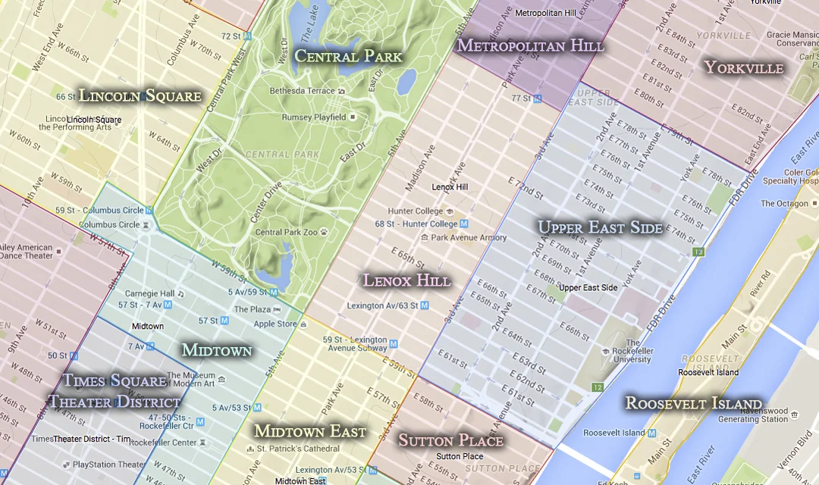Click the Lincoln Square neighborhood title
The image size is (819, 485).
(140, 95)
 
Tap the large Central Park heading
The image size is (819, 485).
(348, 56)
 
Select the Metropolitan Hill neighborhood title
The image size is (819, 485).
(530, 45)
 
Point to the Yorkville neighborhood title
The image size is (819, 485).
(744, 67)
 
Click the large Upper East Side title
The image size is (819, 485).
(600, 227)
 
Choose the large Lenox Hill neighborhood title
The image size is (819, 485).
(406, 280)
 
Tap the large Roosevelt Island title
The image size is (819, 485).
(693, 403)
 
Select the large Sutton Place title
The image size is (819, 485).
(450, 440)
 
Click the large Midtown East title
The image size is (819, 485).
(310, 431)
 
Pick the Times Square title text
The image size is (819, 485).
(115, 380)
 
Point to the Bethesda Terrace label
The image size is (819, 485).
(302, 91)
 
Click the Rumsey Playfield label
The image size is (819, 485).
(314, 117)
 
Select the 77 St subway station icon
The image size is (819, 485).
(537, 99)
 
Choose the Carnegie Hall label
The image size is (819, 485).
(149, 293)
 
